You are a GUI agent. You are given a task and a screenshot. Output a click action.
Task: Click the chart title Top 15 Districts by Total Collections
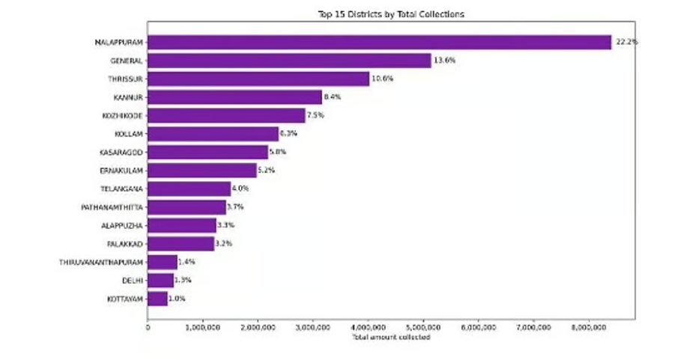390,14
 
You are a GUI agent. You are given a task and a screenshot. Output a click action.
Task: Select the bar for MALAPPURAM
380,42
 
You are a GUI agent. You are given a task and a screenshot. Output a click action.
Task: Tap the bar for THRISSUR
258,79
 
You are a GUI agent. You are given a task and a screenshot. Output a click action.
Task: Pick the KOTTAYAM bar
158,299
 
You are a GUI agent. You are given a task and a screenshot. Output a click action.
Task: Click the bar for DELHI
160,281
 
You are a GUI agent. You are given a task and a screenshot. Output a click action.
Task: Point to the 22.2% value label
626,42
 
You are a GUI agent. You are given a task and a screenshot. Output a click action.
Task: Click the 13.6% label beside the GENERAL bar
444,61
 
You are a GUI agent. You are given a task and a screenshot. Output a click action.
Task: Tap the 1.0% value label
177,299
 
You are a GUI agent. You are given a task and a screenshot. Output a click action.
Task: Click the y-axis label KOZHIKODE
122,115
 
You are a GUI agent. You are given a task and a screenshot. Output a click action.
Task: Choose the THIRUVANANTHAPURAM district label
101,262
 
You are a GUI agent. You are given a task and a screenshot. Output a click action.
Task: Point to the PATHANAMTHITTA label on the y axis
112,207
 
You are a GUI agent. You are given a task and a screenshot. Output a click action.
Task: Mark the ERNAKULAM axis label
121,170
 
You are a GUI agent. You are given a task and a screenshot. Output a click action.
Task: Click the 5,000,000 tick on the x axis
423,327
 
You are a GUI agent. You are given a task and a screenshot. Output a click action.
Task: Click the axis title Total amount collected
390,337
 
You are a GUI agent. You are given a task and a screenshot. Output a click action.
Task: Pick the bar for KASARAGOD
207,152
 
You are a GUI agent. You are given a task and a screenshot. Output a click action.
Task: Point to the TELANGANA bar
189,189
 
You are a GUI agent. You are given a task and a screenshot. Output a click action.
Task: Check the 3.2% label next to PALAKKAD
224,244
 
